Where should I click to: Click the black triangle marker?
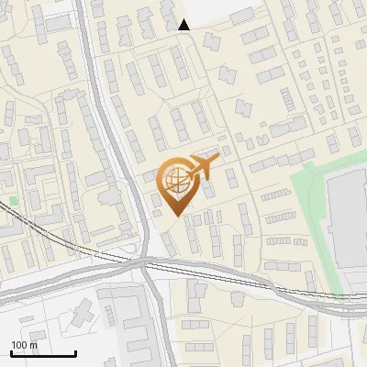[x=184, y=25]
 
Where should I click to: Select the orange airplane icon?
[x=203, y=167]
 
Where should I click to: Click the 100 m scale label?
[x=25, y=345]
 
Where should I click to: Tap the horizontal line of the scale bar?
[x=43, y=353]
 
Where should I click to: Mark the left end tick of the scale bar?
[x=11, y=351]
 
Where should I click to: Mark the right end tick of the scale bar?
[x=75, y=351]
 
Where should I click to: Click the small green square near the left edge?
[x=14, y=199]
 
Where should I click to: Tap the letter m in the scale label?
[x=34, y=345]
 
